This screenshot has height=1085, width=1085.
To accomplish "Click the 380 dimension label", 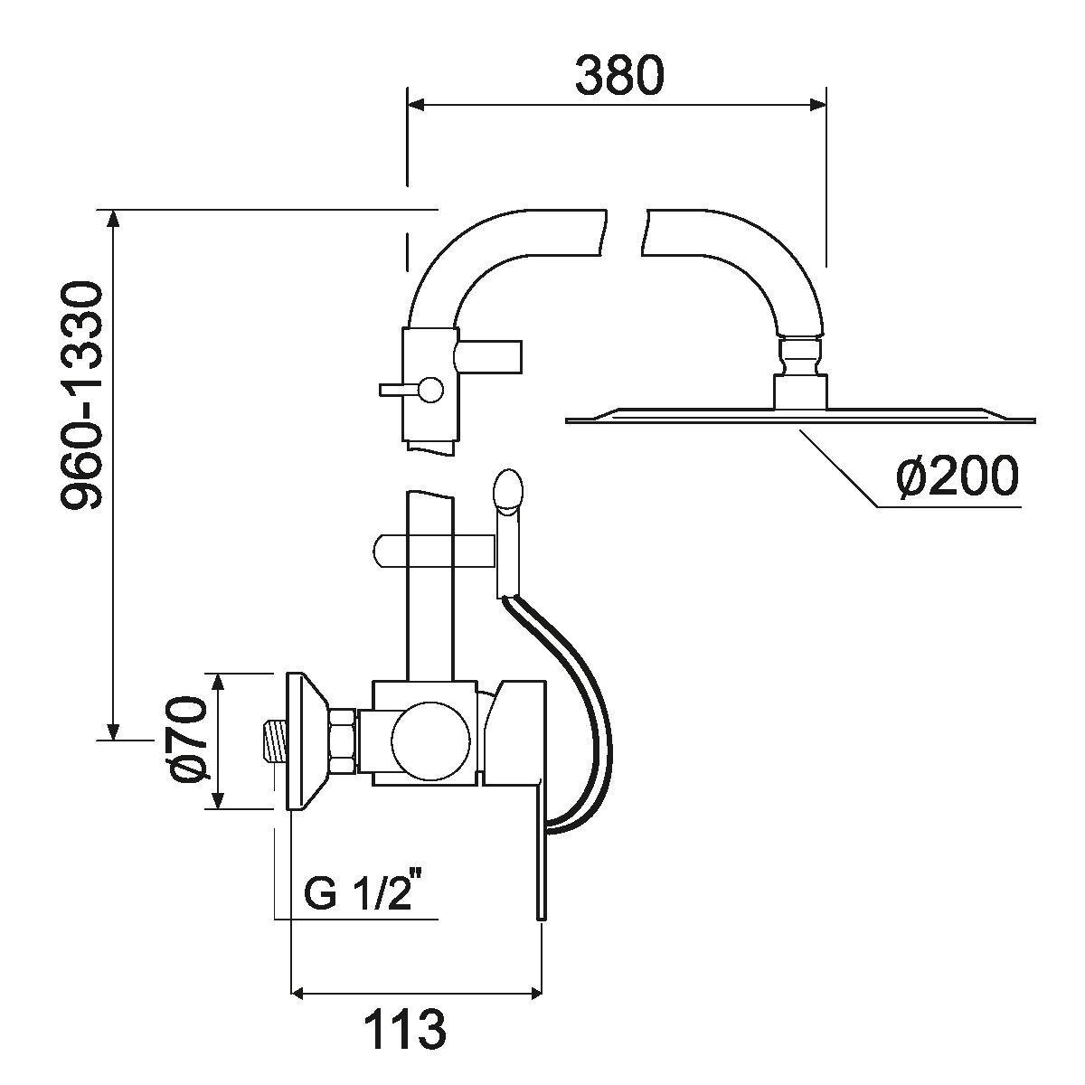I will (x=618, y=76).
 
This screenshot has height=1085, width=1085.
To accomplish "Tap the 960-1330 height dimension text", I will (x=83, y=396).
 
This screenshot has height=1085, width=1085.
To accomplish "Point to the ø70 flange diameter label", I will (x=190, y=741).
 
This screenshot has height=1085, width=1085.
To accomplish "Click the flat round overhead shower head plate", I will (x=799, y=417).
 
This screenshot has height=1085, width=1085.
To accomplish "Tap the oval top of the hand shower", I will (x=507, y=490).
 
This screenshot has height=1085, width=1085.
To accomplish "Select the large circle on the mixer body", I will (x=431, y=740).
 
